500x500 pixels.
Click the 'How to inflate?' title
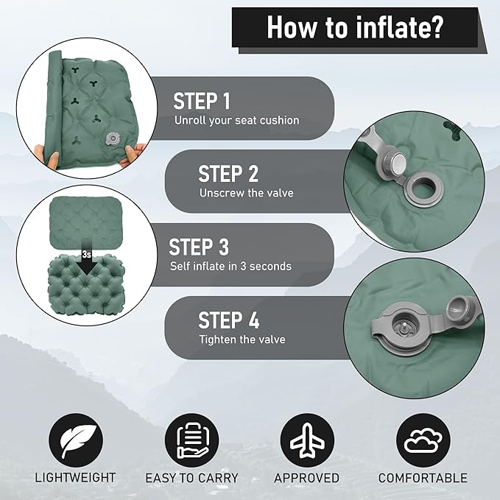coord(355,28)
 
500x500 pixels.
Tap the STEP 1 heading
coord(202,101)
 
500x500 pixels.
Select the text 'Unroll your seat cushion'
coord(237,121)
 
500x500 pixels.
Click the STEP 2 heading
coord(228,174)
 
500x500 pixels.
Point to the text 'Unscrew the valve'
coord(247,193)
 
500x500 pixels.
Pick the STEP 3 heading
coord(199,247)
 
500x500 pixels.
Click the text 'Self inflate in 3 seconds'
coord(231,267)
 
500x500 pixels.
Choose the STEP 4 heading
coord(228,320)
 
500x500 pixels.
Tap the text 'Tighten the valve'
coord(242,339)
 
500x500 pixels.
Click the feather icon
coord(76,440)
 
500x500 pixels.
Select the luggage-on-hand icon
coord(192,440)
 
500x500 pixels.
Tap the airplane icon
coord(307,440)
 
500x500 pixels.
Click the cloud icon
coord(423,440)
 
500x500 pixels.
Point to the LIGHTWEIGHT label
coord(75,478)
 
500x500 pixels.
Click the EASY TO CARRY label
coord(192,478)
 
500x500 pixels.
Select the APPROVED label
coord(307,478)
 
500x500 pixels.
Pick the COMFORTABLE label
coord(423,478)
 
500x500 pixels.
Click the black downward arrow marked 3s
coord(86,261)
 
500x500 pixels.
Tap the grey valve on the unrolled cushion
coord(112,139)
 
